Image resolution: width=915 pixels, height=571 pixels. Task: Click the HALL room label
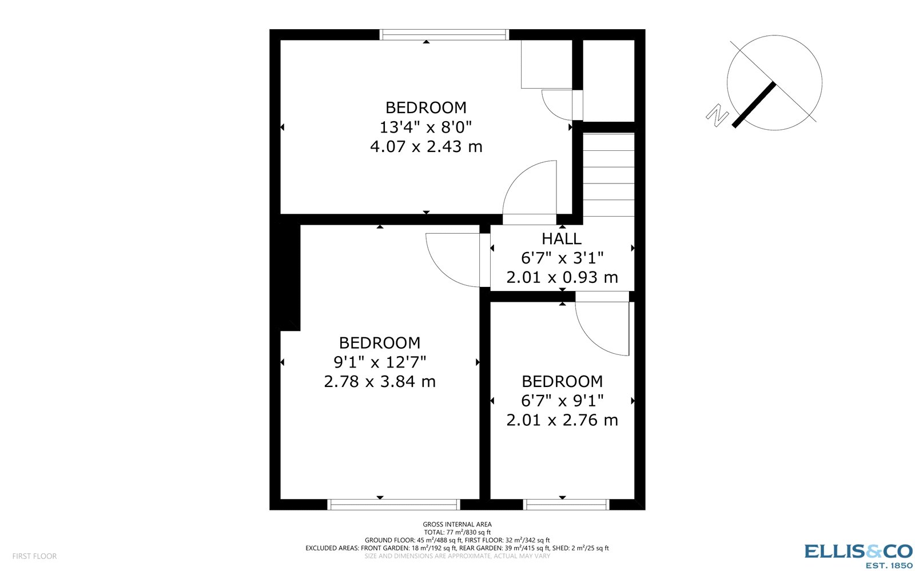coord(562,239)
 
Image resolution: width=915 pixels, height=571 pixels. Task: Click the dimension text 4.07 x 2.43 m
coord(426,146)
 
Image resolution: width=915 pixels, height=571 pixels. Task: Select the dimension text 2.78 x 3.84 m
coord(380,381)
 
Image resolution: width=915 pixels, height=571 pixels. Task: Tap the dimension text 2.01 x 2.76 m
coord(562,420)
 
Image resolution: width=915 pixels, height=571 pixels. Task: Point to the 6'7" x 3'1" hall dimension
coord(562,258)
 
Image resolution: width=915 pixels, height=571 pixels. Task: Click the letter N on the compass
coord(717,115)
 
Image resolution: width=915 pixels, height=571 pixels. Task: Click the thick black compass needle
coord(754,105)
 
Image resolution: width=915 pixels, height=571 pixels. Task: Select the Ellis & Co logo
coord(858,551)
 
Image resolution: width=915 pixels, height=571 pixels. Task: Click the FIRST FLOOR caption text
coord(34,556)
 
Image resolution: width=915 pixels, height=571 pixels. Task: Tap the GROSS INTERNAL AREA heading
coord(457,524)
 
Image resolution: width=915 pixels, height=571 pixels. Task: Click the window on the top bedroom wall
coord(444,35)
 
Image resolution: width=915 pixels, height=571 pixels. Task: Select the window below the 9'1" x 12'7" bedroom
coord(393,504)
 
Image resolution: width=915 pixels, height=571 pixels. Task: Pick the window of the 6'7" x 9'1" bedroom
coord(566,504)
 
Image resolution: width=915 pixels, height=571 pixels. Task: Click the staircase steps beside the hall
coord(608,175)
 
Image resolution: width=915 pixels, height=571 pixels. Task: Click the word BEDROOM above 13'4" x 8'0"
coord(426,107)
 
